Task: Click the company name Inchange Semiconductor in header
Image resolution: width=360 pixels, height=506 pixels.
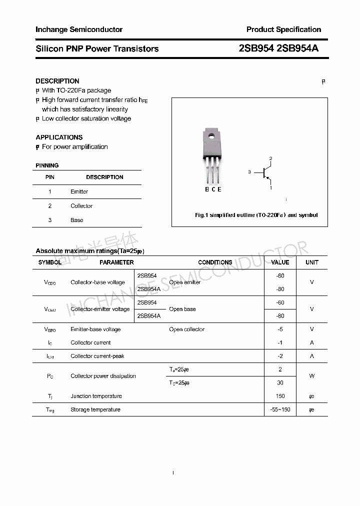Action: click(78, 29)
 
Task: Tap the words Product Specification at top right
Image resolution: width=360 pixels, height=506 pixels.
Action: click(283, 29)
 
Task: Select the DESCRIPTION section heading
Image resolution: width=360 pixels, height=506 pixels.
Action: click(57, 81)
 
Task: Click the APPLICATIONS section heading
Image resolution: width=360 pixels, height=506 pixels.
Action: click(59, 137)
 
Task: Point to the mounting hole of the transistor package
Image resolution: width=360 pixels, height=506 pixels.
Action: click(211, 135)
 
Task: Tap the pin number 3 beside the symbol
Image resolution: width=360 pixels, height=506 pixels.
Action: click(249, 172)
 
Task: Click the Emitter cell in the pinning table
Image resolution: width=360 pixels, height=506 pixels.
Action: click(79, 191)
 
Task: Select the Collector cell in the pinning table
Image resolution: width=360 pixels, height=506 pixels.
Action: click(81, 206)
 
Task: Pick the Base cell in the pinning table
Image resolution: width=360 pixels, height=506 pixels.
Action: click(77, 220)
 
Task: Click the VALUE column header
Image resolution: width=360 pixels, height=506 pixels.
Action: click(280, 262)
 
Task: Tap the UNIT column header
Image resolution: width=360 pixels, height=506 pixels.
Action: click(312, 262)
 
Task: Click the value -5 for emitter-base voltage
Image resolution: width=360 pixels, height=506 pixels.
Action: click(280, 329)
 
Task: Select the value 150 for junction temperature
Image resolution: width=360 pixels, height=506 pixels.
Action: click(280, 396)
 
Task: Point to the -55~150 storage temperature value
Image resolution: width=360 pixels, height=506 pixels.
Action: click(280, 409)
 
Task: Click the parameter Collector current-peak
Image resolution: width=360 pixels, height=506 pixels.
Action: click(97, 356)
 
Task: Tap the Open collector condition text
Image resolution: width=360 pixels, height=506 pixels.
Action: click(186, 329)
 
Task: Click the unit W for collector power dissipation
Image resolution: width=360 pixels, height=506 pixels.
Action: click(312, 376)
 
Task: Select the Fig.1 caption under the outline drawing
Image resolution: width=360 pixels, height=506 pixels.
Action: click(256, 215)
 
